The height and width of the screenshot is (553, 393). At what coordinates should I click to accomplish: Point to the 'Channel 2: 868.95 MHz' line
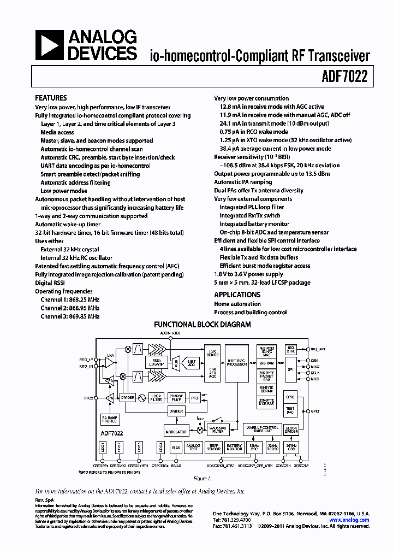coord(70,308)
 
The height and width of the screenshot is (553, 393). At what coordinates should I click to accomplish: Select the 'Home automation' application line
coord(237,304)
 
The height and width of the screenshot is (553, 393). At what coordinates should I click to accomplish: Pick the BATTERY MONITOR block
coord(235,448)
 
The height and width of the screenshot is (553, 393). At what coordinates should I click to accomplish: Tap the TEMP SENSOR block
coord(213,448)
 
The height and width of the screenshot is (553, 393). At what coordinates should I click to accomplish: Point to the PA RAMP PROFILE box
coord(110,419)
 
